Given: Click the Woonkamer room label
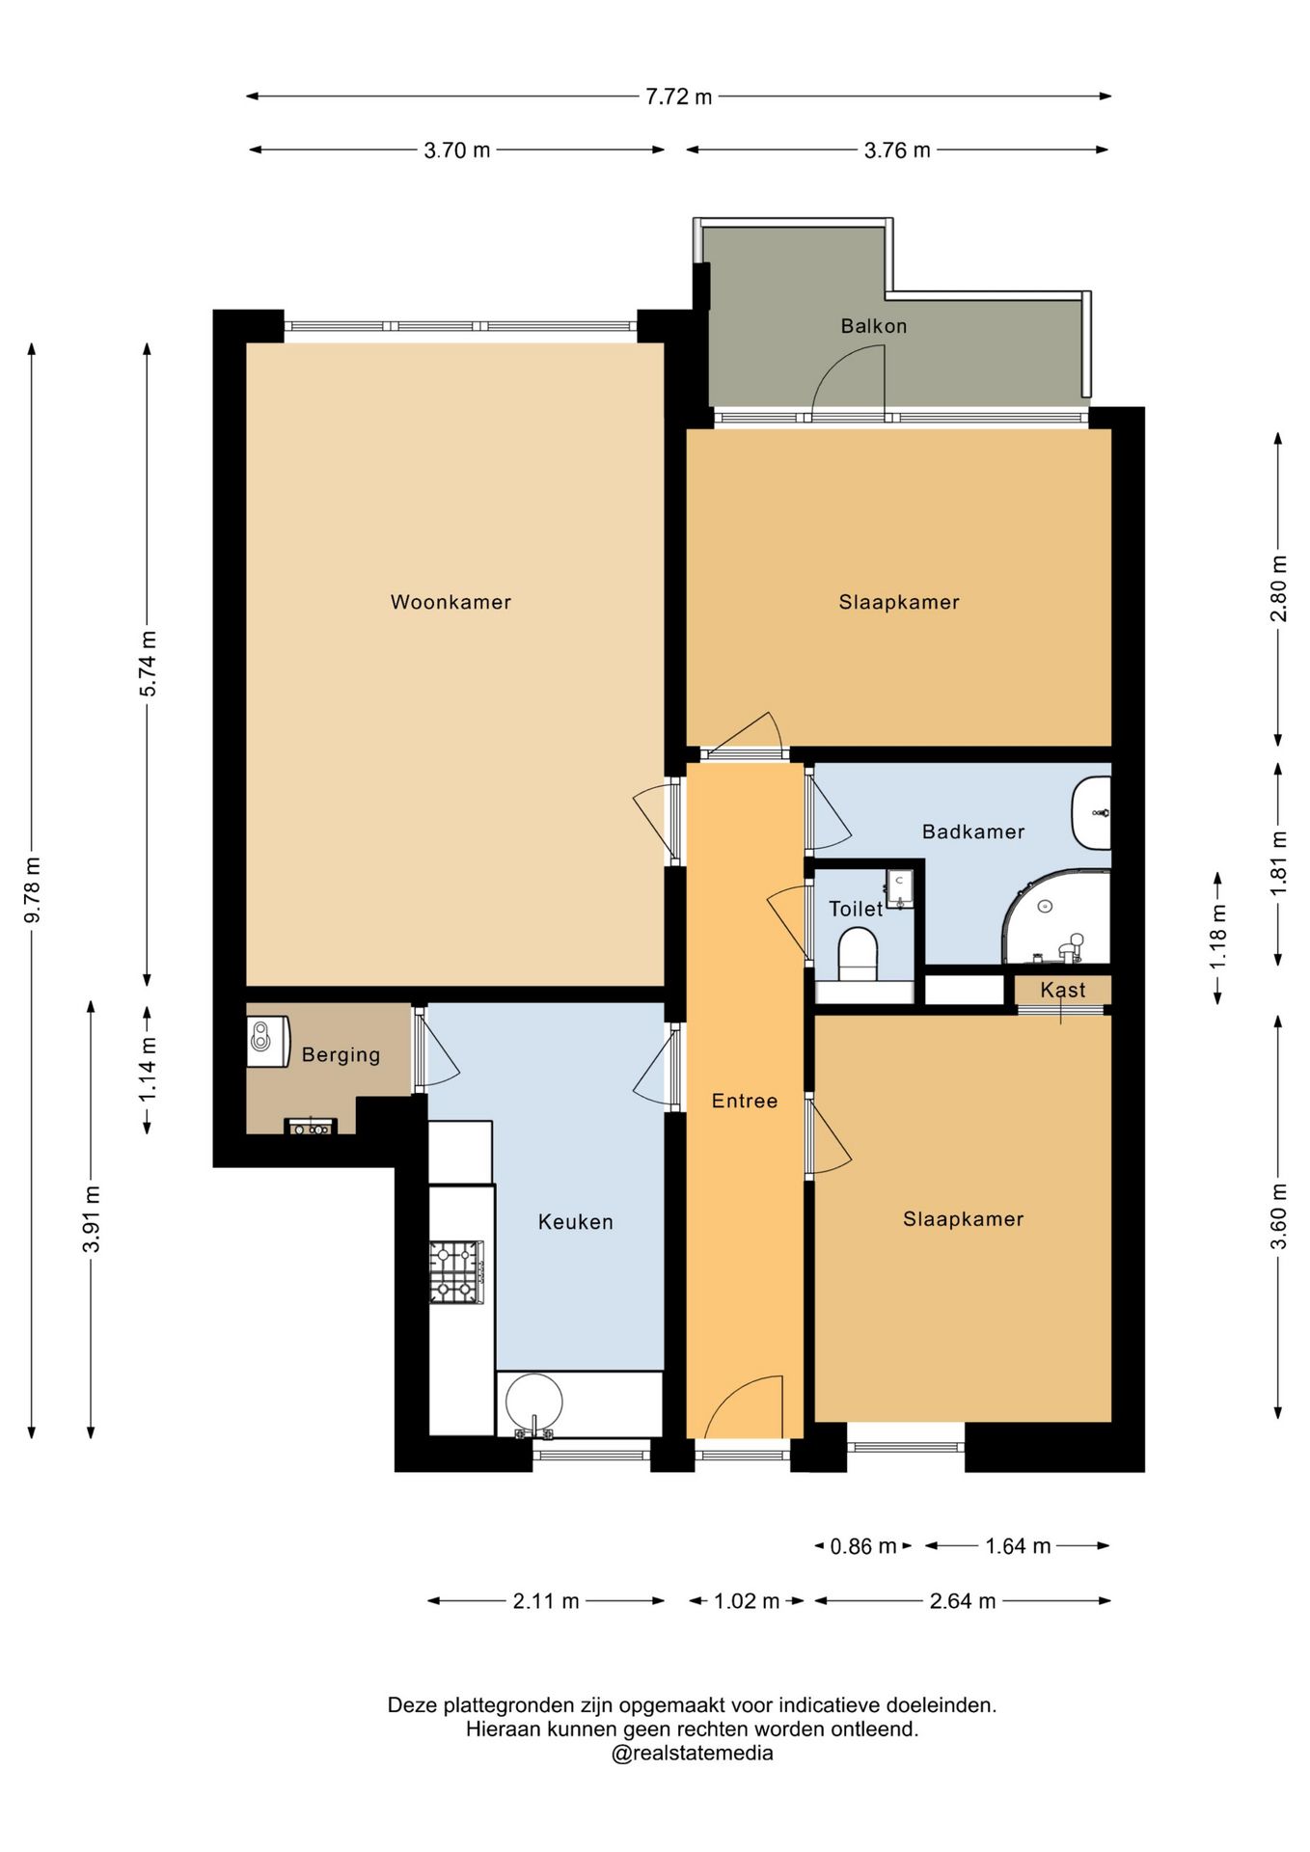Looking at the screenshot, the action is tap(450, 602).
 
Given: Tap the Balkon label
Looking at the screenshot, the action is tap(874, 326).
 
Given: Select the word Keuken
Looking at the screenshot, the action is tap(576, 1222).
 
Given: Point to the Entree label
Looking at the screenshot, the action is tap(745, 1101).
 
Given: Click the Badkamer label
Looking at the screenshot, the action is tap(973, 831).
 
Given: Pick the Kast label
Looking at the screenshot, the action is tap(1063, 990).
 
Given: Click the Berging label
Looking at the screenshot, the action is tap(341, 1055).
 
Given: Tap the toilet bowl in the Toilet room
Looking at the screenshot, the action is tap(858, 952).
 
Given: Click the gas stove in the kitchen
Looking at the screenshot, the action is tap(456, 1272).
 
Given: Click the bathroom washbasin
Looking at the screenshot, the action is tap(1092, 812).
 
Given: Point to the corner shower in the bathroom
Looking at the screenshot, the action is tap(1057, 917).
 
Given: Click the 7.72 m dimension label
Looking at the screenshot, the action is tap(679, 96).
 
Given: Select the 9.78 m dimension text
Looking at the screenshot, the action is tap(33, 889).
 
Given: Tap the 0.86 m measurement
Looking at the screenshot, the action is tap(863, 1546).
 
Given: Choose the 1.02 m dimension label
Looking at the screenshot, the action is tap(747, 1601).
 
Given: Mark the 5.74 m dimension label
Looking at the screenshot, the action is tap(148, 664).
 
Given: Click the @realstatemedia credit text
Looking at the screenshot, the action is tap(693, 1753).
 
